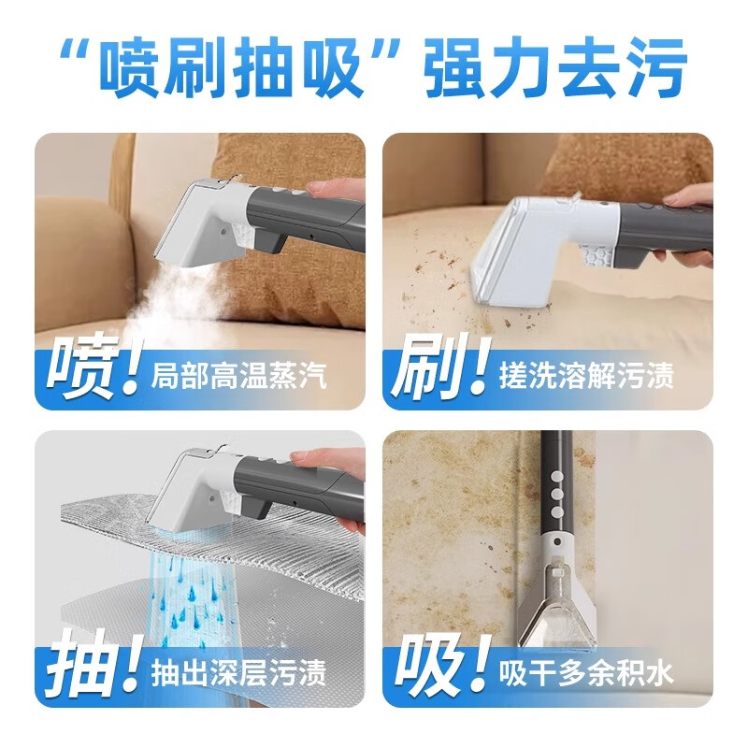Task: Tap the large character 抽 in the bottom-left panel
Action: [x=82, y=666]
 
